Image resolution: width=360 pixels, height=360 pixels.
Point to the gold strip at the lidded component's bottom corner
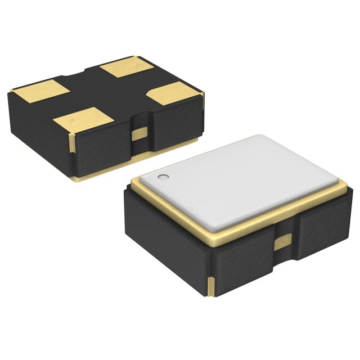click(x=211, y=287)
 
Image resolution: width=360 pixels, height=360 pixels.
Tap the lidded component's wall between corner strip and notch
click(x=242, y=267)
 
